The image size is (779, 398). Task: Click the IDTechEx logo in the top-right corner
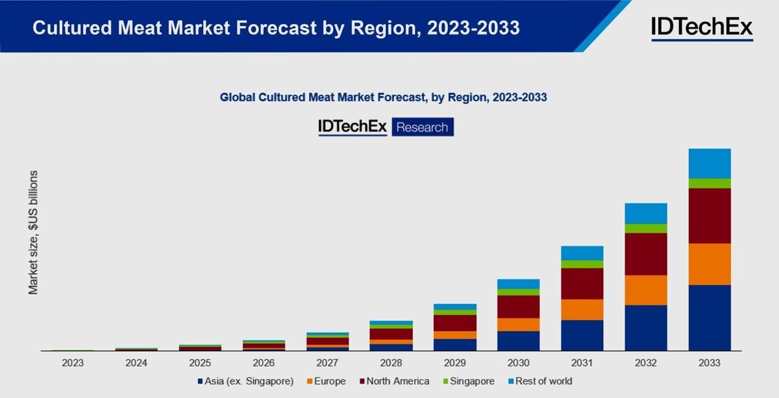(x=702, y=27)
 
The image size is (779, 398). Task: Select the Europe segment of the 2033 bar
(x=710, y=264)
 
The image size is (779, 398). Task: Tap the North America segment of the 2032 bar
(x=646, y=254)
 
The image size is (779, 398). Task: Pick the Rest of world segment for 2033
(x=710, y=163)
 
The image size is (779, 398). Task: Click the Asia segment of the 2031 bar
(x=582, y=335)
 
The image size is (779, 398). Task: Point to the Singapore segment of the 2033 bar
(x=710, y=183)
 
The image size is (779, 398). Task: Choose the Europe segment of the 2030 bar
(x=519, y=325)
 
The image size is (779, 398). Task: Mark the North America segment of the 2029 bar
(x=455, y=323)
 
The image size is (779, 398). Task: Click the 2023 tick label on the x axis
(x=73, y=363)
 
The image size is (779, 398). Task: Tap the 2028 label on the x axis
(x=391, y=363)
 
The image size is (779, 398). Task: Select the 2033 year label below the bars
(x=710, y=363)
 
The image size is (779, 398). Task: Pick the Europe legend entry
(x=327, y=381)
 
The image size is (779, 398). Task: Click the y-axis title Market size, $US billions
(x=33, y=233)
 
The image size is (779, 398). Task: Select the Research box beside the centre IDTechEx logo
(x=423, y=127)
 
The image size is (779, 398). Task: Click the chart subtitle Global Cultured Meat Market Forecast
(x=383, y=98)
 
